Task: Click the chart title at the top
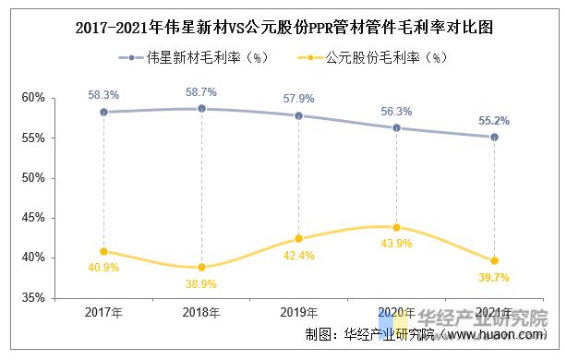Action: [283, 28]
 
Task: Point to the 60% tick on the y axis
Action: [34, 98]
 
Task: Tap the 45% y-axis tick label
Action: [34, 218]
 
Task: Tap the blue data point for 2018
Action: [201, 109]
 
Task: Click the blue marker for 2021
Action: [494, 137]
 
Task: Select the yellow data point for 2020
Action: [396, 227]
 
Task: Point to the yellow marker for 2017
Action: [103, 251]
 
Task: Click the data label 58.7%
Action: [201, 92]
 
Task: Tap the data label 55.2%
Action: [494, 120]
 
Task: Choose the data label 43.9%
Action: [396, 244]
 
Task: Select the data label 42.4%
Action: [298, 256]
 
